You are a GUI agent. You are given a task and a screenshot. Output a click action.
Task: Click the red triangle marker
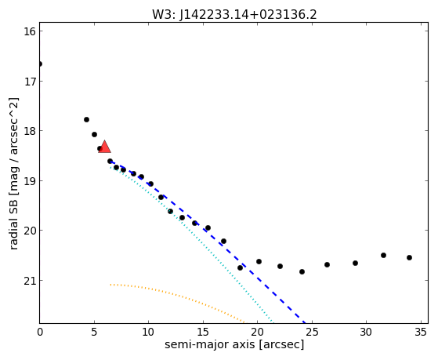click(104, 147)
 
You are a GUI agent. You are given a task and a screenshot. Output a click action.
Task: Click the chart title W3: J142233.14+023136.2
click(234, 15)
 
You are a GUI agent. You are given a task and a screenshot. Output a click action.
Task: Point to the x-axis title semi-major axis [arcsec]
click(234, 344)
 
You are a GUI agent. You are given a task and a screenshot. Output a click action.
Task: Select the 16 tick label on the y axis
click(30, 31)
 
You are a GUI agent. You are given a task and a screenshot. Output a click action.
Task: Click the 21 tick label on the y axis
click(30, 281)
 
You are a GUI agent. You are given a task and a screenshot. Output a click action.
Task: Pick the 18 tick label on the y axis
click(30, 131)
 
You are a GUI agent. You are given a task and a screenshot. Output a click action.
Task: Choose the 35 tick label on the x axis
click(420, 333)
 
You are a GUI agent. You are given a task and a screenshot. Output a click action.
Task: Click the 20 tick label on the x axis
click(257, 333)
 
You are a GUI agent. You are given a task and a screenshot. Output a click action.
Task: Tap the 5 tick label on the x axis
click(94, 333)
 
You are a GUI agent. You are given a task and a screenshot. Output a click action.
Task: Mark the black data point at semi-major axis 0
click(40, 64)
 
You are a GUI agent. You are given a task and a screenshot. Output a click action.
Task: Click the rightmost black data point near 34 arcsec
click(409, 257)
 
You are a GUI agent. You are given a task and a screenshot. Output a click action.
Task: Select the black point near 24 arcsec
click(302, 271)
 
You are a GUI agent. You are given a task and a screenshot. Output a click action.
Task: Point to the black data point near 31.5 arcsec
click(383, 255)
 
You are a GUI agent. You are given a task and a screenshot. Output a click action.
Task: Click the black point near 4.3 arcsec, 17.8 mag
click(86, 119)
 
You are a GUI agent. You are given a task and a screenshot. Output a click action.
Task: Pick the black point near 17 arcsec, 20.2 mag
click(223, 241)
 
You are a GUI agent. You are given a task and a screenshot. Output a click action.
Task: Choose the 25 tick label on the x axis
click(312, 333)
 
